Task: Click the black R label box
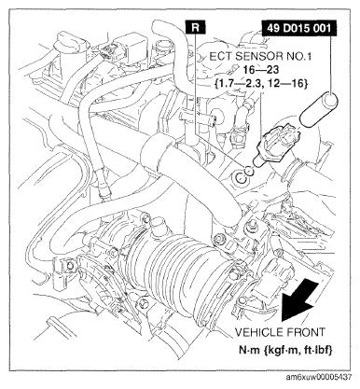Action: click(195, 27)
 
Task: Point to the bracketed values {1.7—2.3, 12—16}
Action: click(260, 83)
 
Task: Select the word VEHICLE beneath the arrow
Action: click(257, 332)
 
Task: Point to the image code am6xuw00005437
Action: click(319, 377)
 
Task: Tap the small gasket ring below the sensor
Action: click(249, 170)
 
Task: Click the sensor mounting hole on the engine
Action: click(241, 177)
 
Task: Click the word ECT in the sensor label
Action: click(220, 57)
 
